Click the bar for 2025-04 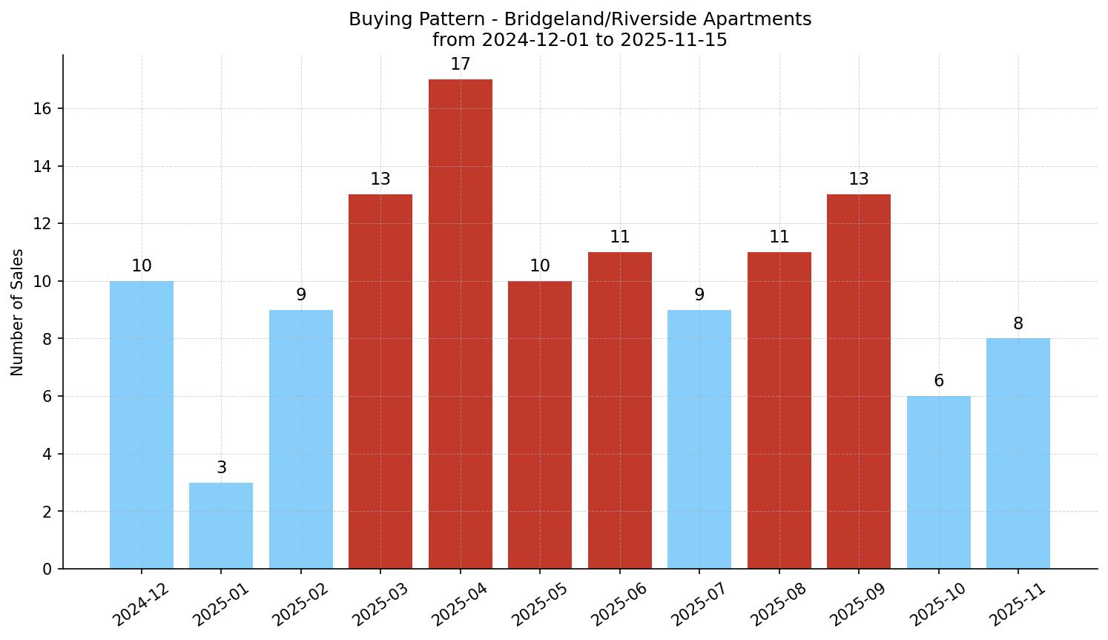[x=460, y=324]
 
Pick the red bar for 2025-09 [x=859, y=381]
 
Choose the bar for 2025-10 [x=938, y=482]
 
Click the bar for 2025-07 [x=699, y=439]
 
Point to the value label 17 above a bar [x=460, y=65]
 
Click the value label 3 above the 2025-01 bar [x=221, y=468]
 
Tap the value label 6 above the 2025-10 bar [x=938, y=381]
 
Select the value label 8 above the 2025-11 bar [x=1018, y=324]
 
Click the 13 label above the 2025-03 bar [x=380, y=179]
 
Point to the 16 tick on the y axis [x=42, y=109]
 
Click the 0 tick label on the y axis [x=47, y=569]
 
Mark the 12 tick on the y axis [x=42, y=224]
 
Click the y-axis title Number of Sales [x=18, y=312]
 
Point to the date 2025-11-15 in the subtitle [x=673, y=40]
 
